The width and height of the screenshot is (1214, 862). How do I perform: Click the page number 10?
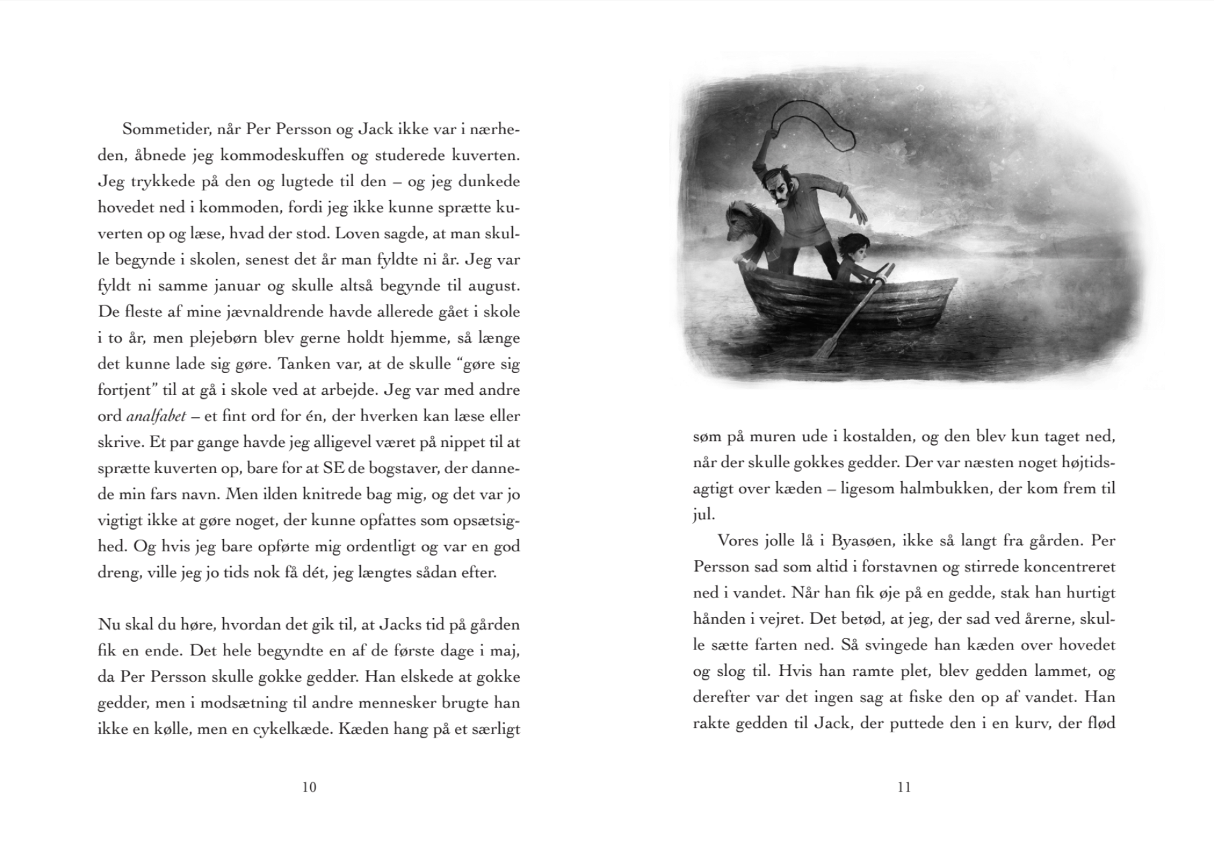[309, 787]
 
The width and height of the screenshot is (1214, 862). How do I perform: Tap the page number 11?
[904, 787]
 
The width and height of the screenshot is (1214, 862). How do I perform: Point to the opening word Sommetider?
[165, 130]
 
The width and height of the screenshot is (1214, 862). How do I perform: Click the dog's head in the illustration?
[741, 222]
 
